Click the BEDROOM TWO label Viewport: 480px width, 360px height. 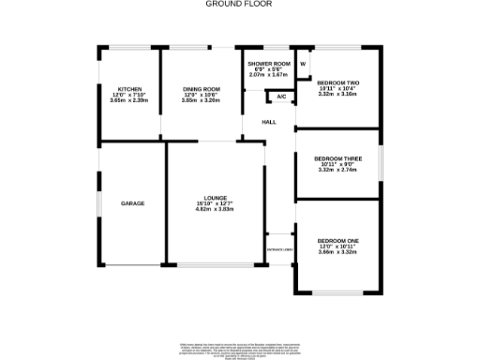[337, 82]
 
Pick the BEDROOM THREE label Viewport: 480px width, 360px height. [337, 158]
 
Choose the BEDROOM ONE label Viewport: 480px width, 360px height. [337, 240]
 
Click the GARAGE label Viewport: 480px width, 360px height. [132, 203]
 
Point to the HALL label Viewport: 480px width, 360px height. [269, 123]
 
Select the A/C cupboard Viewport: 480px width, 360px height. [280, 97]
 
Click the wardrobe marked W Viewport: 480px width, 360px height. [303, 64]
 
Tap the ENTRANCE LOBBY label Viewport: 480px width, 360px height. [279, 250]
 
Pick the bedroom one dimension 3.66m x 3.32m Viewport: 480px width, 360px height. [337, 251]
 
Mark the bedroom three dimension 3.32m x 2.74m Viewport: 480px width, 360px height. [337, 170]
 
